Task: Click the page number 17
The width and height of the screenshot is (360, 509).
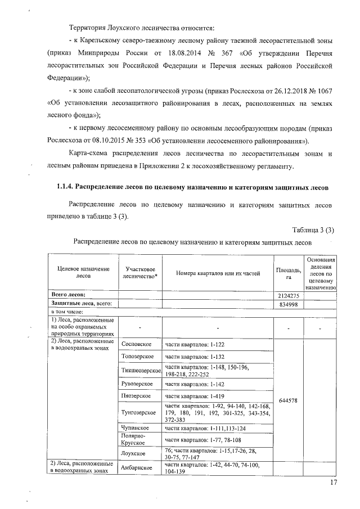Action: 334,482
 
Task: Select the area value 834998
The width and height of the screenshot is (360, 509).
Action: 289,304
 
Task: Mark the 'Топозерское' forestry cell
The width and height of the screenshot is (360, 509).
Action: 138,357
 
